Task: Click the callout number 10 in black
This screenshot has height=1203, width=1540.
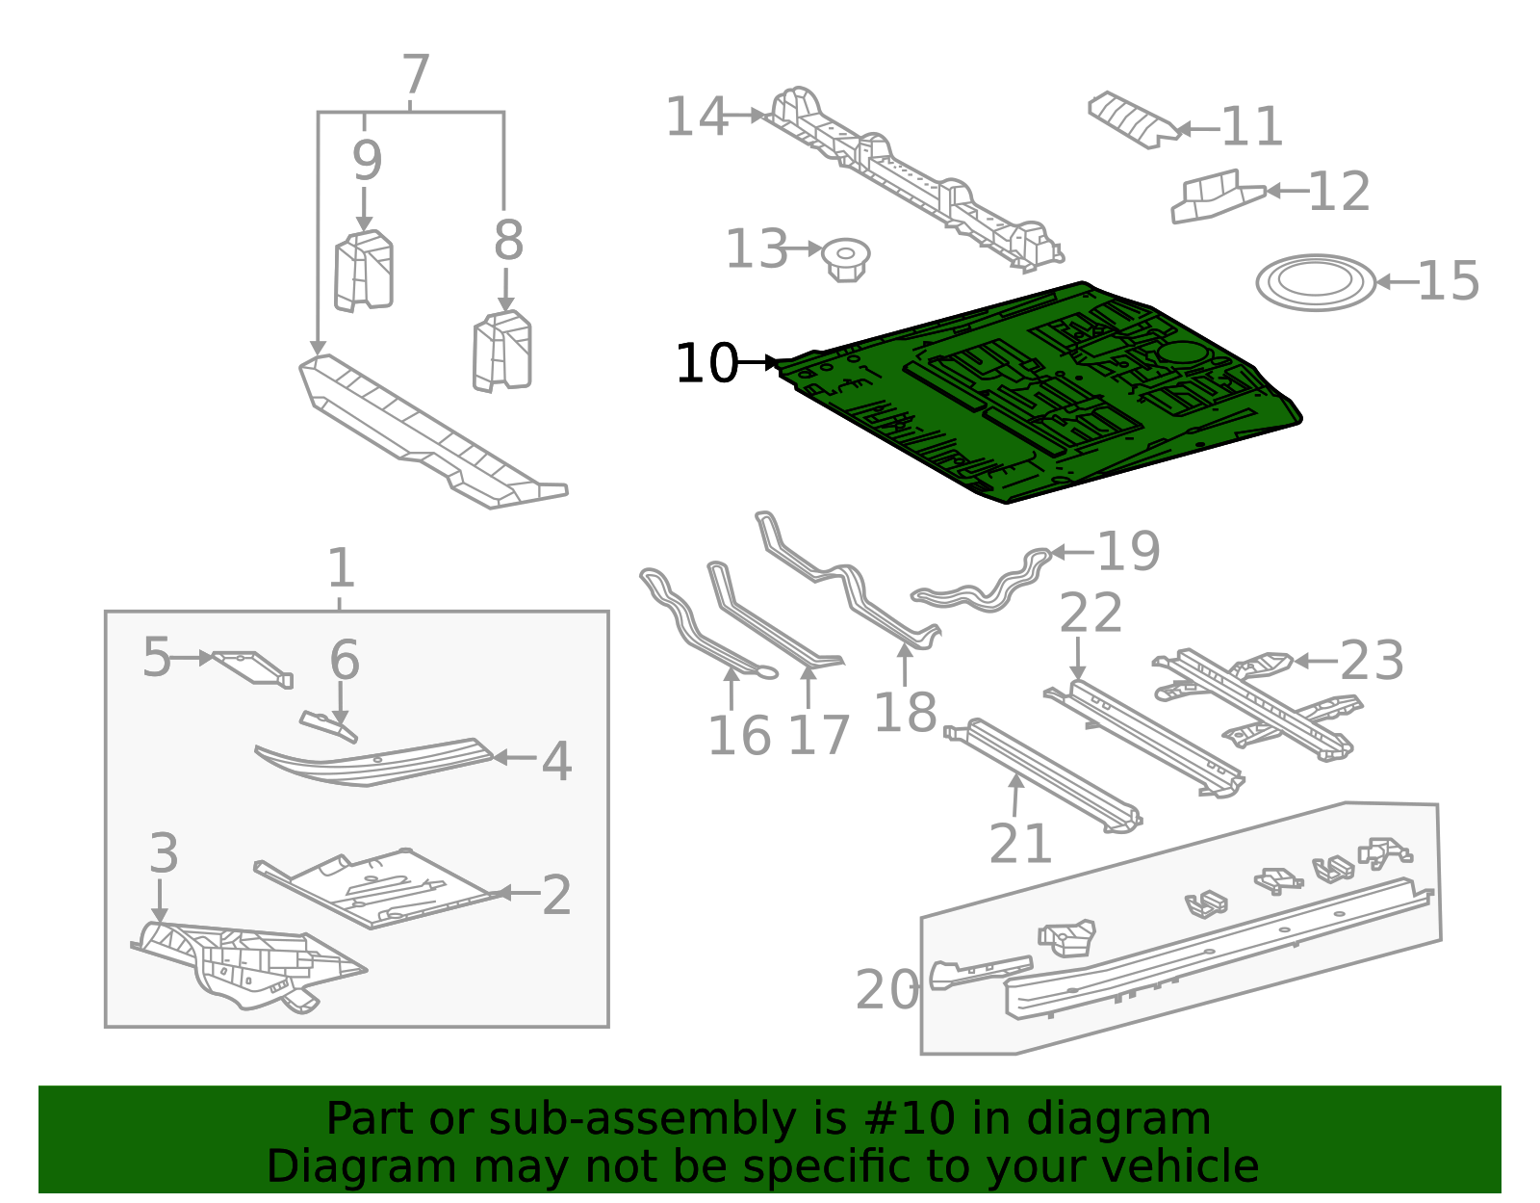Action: tap(706, 364)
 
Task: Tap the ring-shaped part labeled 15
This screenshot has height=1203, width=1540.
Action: tap(1316, 282)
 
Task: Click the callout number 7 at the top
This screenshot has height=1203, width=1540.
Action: tap(415, 75)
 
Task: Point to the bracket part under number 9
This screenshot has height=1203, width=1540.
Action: tap(364, 272)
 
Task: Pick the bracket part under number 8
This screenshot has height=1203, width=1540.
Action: tap(502, 352)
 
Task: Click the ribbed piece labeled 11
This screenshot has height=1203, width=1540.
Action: tap(1131, 118)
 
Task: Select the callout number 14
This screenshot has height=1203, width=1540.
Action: tap(696, 117)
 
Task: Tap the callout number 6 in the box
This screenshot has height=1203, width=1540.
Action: tap(344, 661)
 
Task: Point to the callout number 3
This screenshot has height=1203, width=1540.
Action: tap(164, 853)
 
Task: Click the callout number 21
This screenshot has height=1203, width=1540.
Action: tap(1020, 845)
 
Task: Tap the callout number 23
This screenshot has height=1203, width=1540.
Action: tap(1372, 661)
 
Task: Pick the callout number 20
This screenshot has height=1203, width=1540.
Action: tap(886, 990)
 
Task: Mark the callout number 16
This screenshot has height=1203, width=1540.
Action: tap(738, 736)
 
